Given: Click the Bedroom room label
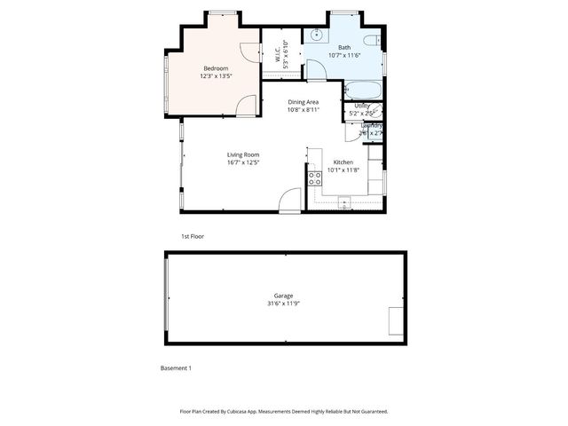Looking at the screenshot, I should pyautogui.click(x=216, y=68).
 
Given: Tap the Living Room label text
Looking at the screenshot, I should pyautogui.click(x=242, y=154).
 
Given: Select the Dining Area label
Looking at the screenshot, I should pyautogui.click(x=303, y=102).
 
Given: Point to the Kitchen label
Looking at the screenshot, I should pyautogui.click(x=343, y=162).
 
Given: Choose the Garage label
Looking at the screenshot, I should pyautogui.click(x=283, y=296).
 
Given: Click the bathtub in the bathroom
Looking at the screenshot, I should pyautogui.click(x=363, y=90).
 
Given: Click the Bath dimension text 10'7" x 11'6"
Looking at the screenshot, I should pyautogui.click(x=344, y=55).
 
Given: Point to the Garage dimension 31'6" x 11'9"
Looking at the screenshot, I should pyautogui.click(x=283, y=304).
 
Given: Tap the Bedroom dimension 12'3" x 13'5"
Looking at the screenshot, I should pyautogui.click(x=216, y=76).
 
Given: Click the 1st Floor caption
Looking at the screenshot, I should pyautogui.click(x=193, y=237).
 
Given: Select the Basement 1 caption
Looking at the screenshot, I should pyautogui.click(x=176, y=367).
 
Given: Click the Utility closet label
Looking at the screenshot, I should pyautogui.click(x=362, y=106).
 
